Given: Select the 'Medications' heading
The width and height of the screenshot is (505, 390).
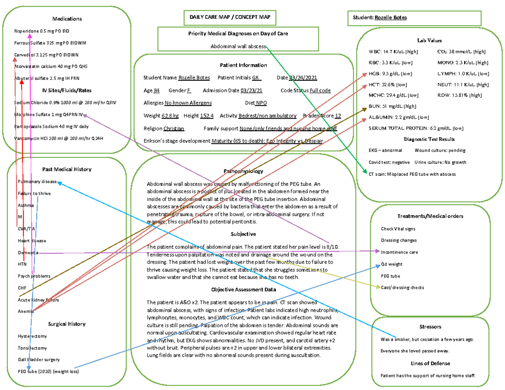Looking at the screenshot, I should pyautogui.click(x=67, y=19).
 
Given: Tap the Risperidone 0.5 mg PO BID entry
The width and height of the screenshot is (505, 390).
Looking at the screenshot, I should pyautogui.click(x=42, y=31).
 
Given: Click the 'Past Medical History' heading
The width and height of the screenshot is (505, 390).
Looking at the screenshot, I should pyautogui.click(x=67, y=169).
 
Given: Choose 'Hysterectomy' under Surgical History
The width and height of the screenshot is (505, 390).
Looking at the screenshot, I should pyautogui.click(x=32, y=336).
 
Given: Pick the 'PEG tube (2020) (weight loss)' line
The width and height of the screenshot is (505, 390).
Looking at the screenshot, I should pyautogui.click(x=48, y=371).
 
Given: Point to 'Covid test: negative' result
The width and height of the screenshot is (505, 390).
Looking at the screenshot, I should pyautogui.click(x=389, y=162).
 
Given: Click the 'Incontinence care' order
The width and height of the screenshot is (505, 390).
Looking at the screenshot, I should pyautogui.click(x=399, y=252).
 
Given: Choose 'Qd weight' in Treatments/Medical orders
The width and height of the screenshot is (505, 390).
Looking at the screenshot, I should pyautogui.click(x=391, y=264).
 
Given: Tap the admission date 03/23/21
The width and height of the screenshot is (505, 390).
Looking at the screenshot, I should pyautogui.click(x=252, y=90).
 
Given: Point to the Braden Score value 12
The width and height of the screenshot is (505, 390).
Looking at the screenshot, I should pyautogui.click(x=338, y=116).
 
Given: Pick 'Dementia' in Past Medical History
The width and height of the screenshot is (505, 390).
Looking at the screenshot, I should pyautogui.click(x=28, y=252).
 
